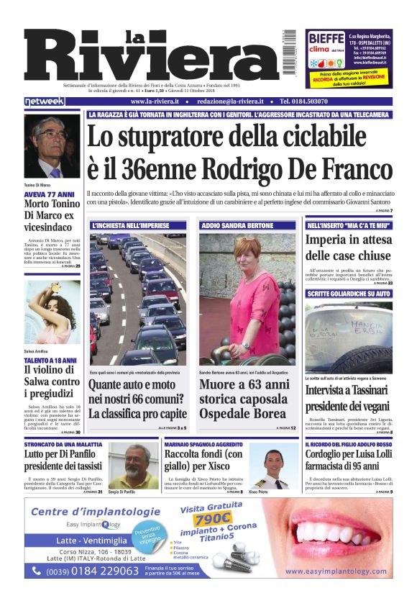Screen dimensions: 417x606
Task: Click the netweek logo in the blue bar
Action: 45,101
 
